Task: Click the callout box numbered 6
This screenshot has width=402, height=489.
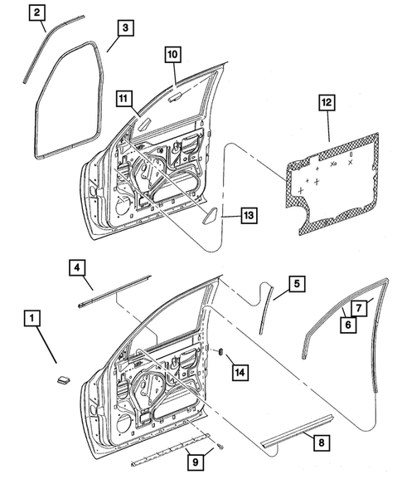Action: coord(349,325)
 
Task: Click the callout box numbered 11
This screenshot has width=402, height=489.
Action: coord(123,99)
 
